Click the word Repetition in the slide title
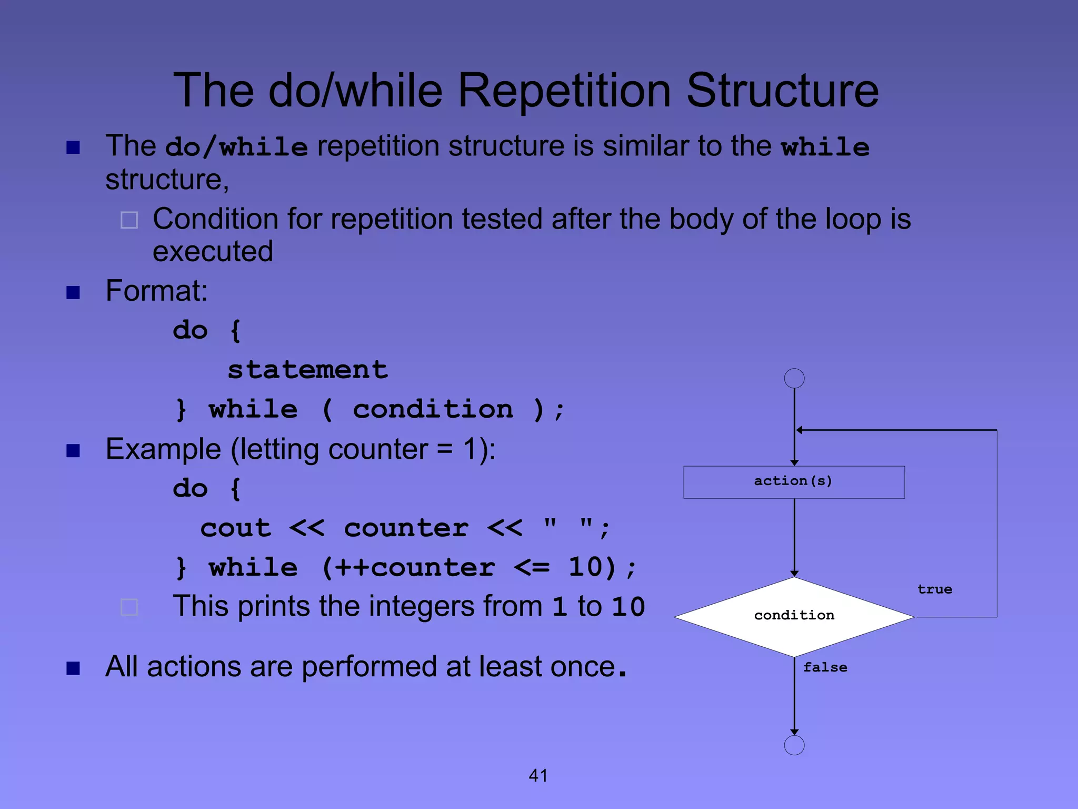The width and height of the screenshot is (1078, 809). coord(564,91)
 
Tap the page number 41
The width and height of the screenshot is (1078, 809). coord(538,775)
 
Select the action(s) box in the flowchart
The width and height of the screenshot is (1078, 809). coord(794,482)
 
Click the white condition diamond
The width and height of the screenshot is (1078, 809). coord(794,616)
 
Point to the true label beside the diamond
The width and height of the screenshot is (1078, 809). coord(935,589)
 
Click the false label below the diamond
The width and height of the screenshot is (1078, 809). coord(825,667)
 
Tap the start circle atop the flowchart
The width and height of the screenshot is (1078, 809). coord(794,378)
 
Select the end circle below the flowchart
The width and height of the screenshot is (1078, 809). coord(794,745)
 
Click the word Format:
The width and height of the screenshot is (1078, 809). coord(156,290)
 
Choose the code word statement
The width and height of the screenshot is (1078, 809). coord(308,370)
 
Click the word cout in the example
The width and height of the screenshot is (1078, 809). coord(236,528)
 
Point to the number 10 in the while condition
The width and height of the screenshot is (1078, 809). coord(585,568)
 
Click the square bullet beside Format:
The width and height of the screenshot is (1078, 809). coord(73,292)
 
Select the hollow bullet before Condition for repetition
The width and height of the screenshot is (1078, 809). coord(129,220)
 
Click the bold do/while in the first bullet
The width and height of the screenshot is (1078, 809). coord(236,147)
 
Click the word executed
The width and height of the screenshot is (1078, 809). coord(213,251)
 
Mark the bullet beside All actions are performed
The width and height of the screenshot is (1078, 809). coord(73,668)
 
